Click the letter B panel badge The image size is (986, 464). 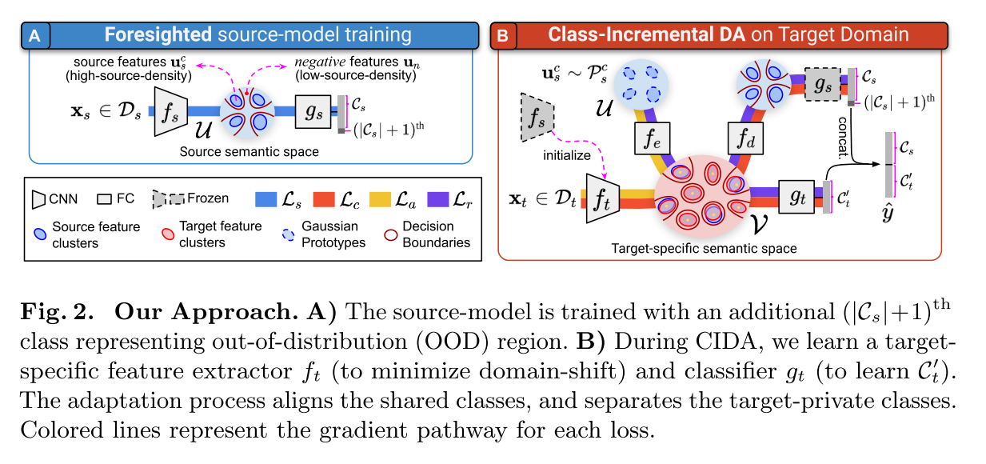point(502,35)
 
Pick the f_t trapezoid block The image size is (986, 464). point(601,197)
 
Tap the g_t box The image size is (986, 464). point(796,198)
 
